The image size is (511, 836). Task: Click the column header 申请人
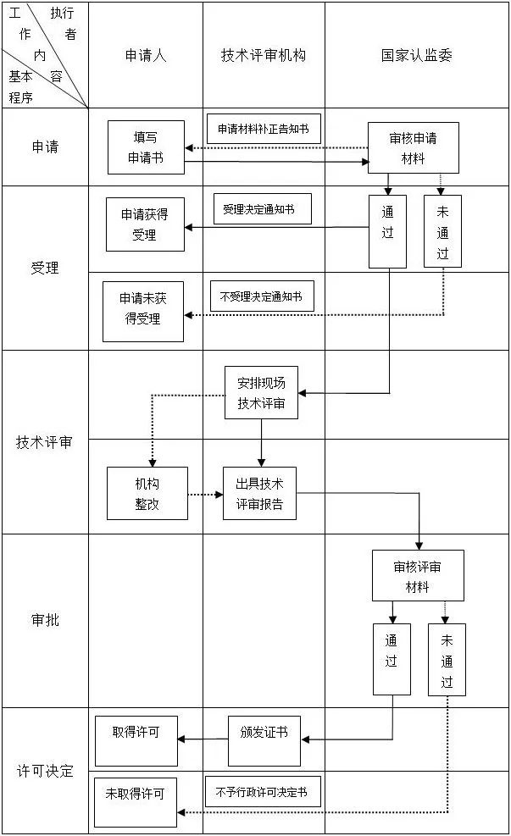coord(146,55)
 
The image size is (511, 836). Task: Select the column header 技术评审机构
coord(264,55)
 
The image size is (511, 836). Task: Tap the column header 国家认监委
coord(416,55)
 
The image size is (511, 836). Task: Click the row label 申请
coord(45,147)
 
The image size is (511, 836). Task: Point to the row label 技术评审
coord(45,442)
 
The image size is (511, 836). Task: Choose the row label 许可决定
coord(45,771)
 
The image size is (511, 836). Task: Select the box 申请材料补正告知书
coord(264,129)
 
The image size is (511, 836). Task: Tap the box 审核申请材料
coord(413,148)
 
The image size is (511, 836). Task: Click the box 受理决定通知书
coord(262,208)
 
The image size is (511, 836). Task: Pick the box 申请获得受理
coord(145,224)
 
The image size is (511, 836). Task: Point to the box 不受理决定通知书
coord(262,296)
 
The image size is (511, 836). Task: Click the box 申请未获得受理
coord(143,311)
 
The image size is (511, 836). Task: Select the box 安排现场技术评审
coord(261,393)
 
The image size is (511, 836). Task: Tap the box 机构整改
coord(146,494)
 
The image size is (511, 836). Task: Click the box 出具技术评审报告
coord(259,494)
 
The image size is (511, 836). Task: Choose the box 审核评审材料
coord(418,576)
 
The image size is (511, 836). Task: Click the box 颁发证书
coord(264,740)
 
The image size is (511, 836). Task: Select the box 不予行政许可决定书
coord(263,792)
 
